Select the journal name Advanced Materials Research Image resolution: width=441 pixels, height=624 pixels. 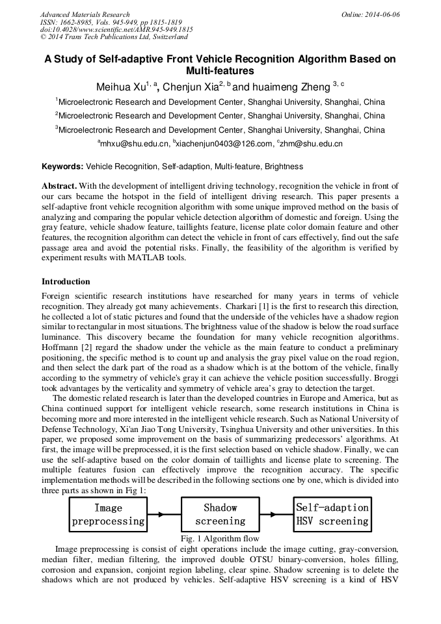click(85, 14)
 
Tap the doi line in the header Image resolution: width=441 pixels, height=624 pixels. click(116, 30)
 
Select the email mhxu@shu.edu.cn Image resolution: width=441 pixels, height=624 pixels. click(134, 143)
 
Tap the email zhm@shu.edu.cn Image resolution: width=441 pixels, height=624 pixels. click(312, 143)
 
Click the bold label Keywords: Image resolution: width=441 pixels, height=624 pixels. click(62, 167)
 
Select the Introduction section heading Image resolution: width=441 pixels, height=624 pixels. click(66, 282)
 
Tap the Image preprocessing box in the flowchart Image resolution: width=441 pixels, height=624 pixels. click(108, 514)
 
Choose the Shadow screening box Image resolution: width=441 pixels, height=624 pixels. click(220, 514)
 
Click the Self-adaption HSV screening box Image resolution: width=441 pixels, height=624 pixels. click(332, 514)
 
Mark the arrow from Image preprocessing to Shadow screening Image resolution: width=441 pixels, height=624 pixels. click(164, 514)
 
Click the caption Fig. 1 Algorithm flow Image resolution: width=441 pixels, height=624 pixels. click(220, 538)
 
